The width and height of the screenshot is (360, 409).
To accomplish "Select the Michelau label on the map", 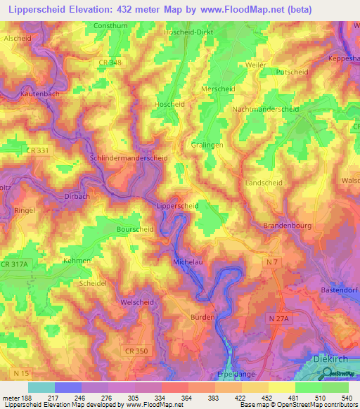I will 187,261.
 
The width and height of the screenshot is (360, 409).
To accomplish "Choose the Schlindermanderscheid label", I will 129,158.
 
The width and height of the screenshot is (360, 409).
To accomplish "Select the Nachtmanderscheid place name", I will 265,110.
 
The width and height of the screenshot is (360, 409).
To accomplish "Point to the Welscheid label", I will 137,302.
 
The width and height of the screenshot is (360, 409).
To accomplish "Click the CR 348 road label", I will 110,63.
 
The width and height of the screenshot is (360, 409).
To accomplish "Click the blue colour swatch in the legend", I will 68,387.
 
